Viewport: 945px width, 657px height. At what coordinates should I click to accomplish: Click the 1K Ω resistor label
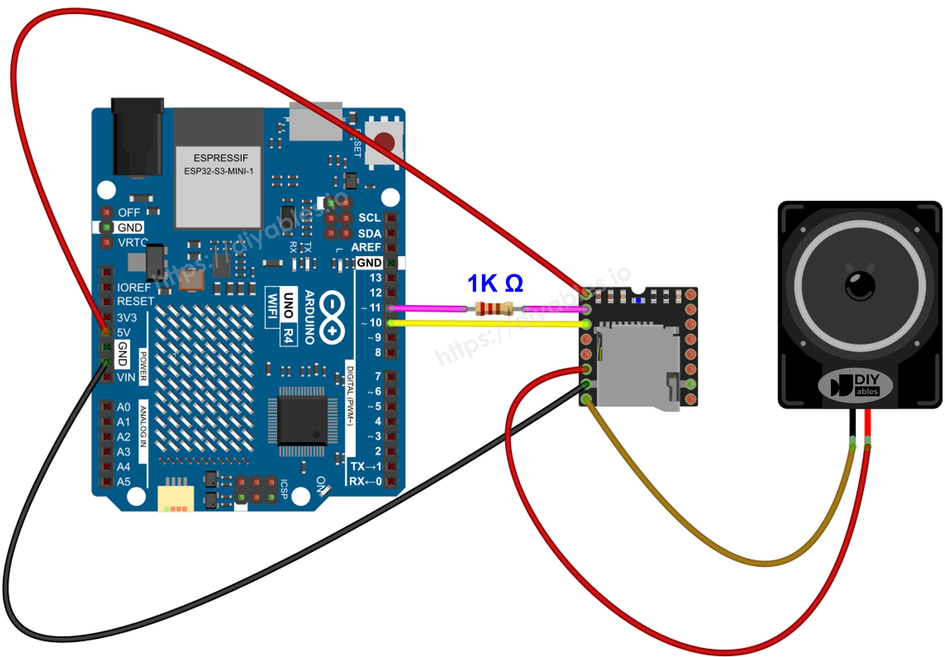coord(495,283)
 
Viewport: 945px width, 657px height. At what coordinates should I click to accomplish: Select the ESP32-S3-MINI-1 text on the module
coord(218,171)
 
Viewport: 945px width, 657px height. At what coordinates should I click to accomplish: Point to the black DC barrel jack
coord(137,138)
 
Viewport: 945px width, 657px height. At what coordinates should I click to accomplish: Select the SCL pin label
coord(369,218)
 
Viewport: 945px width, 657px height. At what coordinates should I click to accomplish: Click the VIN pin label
coord(126,377)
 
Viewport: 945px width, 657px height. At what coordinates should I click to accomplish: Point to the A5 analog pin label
coord(123,482)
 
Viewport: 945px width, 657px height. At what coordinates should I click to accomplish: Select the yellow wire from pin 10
coord(486,324)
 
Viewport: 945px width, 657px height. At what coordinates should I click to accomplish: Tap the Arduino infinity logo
coord(332,317)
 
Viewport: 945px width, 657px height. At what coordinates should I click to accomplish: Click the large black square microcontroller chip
coord(303,420)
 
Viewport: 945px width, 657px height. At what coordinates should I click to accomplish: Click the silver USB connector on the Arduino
coord(316,121)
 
